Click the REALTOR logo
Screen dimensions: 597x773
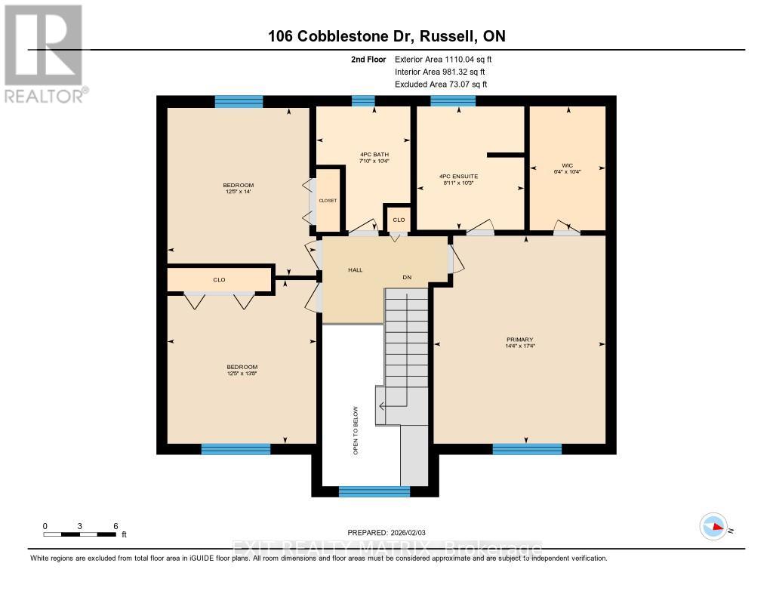[44, 52]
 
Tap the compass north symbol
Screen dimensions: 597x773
[713, 527]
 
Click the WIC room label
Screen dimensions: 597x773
[567, 165]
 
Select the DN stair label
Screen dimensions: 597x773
[407, 278]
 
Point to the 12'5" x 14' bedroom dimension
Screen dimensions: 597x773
[238, 192]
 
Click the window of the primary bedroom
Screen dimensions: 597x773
[527, 449]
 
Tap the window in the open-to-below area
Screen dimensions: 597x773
[374, 492]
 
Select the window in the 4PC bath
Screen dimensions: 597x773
[363, 101]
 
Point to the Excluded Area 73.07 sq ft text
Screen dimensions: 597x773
[441, 85]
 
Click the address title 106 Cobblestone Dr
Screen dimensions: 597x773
[386, 37]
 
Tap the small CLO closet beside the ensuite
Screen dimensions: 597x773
[398, 220]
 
